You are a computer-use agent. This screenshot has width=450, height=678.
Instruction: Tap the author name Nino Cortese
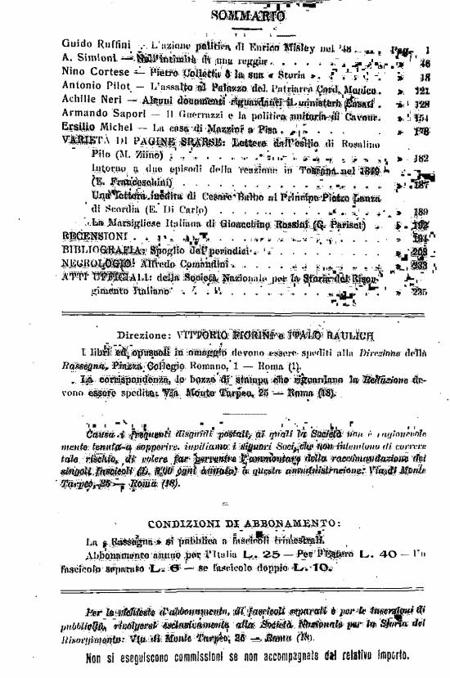coord(91,73)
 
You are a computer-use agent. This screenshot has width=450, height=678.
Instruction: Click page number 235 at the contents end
coord(421,292)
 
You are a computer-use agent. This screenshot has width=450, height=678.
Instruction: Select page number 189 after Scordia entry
coord(421,210)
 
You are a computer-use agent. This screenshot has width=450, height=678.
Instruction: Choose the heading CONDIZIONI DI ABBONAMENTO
coord(245,523)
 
